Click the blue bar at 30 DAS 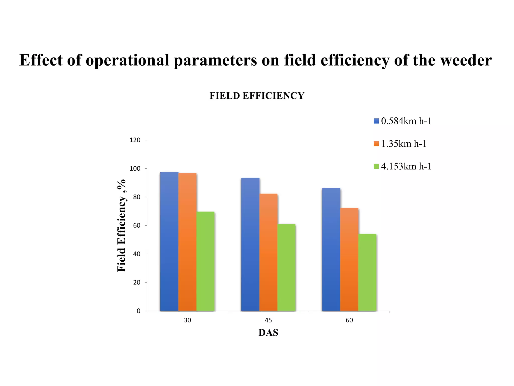(x=169, y=241)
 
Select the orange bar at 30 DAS (x=187, y=242)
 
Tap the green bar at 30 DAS (x=206, y=261)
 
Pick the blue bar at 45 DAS (x=250, y=244)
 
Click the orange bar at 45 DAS (x=268, y=252)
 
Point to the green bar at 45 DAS (x=286, y=267)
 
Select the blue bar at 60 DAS (x=331, y=249)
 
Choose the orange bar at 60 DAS (x=349, y=259)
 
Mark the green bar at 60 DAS (x=367, y=272)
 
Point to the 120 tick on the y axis (x=135, y=140)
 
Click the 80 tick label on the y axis (x=137, y=197)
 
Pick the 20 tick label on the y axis (x=137, y=283)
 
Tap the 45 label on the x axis (x=268, y=320)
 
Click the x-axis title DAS (x=268, y=333)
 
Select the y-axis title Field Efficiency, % (x=121, y=225)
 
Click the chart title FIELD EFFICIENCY (x=257, y=96)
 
